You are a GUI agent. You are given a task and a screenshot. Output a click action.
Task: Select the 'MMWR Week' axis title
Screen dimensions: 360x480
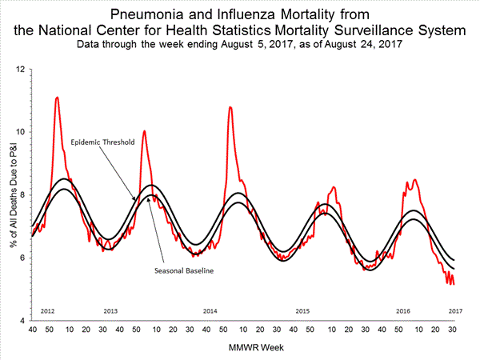coord(243,347)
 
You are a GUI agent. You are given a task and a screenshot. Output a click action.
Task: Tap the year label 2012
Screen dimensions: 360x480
coord(46,310)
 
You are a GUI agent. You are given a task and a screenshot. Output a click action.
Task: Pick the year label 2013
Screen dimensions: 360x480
coord(110,310)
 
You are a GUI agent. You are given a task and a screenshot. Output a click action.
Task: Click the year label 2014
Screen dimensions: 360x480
coord(210,310)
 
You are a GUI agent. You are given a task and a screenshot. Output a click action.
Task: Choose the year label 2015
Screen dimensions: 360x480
coord(302,310)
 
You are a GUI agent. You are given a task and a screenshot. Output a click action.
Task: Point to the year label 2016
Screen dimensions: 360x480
coord(403,310)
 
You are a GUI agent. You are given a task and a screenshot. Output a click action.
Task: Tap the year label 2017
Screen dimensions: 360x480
coord(454,310)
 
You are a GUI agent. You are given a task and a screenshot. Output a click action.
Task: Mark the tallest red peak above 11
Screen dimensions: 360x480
coord(56,98)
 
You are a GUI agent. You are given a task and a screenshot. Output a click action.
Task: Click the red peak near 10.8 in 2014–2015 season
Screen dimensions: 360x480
coord(230,106)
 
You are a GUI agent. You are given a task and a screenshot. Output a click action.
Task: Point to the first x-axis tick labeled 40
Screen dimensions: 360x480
coord(32,330)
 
